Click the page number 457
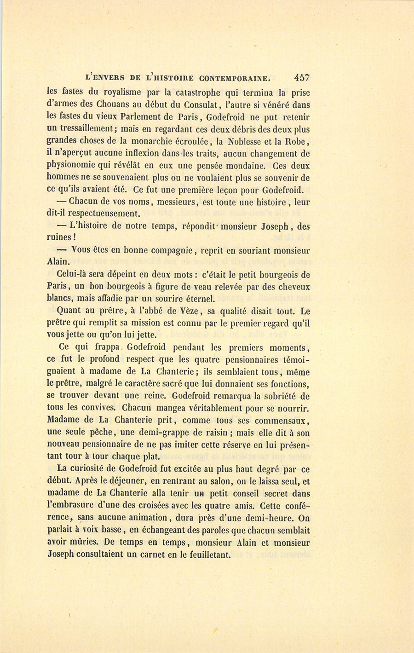click(299, 78)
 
